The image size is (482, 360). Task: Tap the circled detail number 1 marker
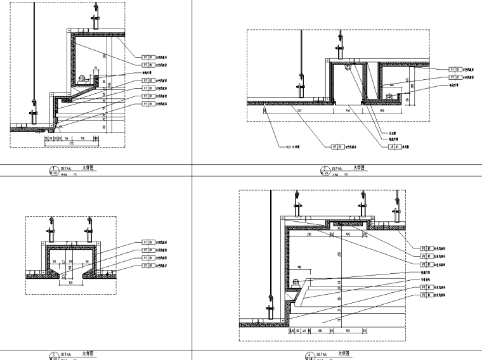[53, 169]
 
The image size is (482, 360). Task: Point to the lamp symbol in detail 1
[84, 79]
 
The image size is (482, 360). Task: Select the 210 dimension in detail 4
[309, 234]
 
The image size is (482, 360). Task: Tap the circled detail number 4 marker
[309, 356]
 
